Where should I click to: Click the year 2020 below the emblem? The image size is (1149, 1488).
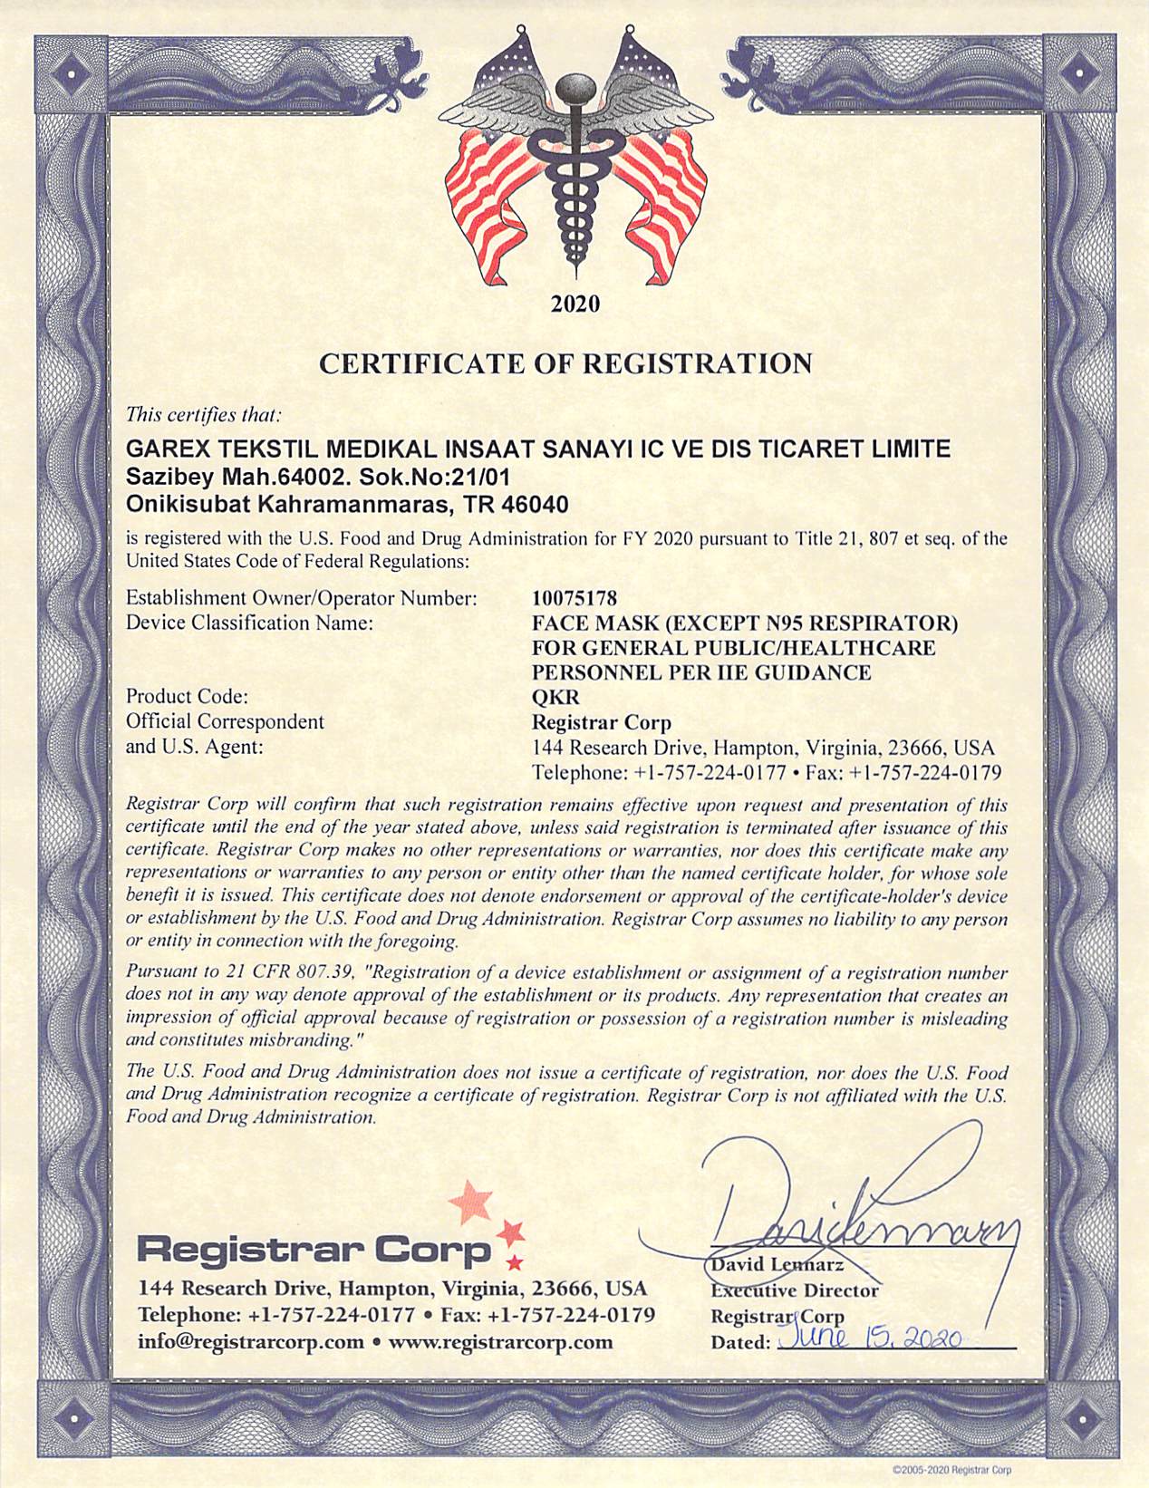coord(575,304)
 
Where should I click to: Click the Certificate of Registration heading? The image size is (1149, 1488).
coord(566,364)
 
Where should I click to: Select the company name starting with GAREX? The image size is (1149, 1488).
coord(538,449)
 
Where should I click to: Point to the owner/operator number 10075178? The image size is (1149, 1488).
coord(574,598)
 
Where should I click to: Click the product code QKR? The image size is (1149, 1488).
coord(555,697)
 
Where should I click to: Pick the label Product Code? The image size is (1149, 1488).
coord(187,697)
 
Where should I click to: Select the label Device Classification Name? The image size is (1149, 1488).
coord(249,623)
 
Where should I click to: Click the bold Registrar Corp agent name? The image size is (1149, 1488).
coord(602,722)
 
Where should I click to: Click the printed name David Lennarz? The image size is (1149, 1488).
coord(777,1264)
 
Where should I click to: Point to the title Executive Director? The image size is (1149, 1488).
coord(795,1290)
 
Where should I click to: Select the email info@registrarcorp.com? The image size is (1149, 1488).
coord(251,1341)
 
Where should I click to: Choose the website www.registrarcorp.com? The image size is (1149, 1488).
coord(500,1341)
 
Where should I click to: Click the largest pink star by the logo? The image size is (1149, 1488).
coord(471,1202)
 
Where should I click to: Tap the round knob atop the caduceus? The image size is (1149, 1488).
coord(574,89)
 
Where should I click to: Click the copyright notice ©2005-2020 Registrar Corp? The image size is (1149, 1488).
coord(951,1470)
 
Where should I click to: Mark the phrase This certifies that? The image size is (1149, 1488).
coord(204,415)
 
